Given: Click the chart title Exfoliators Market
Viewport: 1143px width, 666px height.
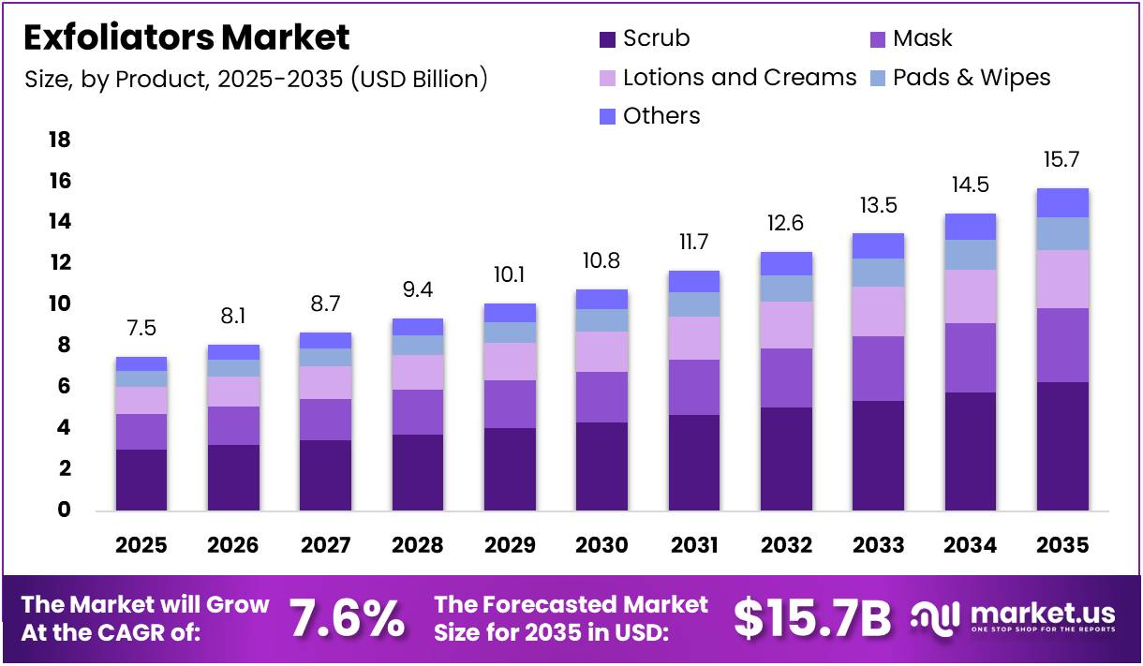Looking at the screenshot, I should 186,37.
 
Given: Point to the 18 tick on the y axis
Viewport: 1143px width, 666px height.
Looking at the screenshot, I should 59,140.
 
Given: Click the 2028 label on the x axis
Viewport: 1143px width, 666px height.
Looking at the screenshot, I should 418,545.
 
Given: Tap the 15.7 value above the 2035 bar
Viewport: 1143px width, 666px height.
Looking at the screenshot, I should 1062,160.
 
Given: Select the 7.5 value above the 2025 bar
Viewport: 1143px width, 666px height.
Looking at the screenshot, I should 141,328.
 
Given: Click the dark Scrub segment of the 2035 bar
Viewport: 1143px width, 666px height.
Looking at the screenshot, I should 1062,446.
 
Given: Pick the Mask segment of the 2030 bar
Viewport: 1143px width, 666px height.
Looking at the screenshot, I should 601,397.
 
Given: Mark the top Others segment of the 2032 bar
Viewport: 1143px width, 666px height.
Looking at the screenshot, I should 786,263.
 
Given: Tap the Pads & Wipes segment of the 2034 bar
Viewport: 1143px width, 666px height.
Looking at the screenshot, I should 970,255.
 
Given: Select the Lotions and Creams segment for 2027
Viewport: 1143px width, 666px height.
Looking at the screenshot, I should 325,382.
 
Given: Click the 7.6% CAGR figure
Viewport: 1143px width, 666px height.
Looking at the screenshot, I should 347,618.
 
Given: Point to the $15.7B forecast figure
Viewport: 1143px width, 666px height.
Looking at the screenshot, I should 811,618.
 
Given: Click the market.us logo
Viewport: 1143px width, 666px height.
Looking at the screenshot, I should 1014,618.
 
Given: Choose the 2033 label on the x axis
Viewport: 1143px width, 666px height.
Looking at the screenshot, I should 878,545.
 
